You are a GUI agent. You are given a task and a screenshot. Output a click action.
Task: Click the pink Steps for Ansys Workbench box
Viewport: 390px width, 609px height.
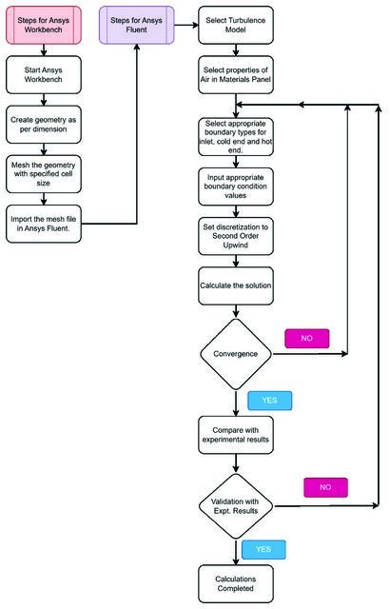coord(44,26)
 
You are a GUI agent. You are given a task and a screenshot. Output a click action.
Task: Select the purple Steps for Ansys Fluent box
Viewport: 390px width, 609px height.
coord(137,26)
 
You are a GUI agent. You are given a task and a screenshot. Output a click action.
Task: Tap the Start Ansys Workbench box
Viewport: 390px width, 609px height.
coord(44,75)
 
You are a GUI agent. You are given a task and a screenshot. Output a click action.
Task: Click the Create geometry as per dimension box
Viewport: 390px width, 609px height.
coord(44,125)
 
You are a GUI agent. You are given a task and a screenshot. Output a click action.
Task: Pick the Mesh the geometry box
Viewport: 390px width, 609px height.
coord(44,174)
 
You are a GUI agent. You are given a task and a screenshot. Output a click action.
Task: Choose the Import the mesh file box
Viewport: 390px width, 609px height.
coord(44,225)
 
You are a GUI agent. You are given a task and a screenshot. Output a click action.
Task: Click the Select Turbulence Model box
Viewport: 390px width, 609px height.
coord(236,26)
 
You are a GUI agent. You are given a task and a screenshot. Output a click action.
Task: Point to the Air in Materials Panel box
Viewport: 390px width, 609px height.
coord(236,75)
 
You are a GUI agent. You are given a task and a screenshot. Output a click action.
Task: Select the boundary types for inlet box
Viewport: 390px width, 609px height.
coord(236,137)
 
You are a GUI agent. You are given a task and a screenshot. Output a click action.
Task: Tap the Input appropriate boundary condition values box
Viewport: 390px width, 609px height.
coord(236,187)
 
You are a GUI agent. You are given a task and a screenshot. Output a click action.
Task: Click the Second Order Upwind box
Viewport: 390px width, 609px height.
coord(236,237)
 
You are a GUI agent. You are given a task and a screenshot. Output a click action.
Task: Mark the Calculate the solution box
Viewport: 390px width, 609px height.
coord(236,286)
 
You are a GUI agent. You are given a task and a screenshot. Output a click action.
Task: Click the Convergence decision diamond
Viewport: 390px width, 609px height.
coord(236,354)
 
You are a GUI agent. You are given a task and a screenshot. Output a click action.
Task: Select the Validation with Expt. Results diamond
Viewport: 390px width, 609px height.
coord(236,506)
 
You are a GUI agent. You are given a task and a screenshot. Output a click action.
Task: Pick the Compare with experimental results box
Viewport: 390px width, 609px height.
coord(236,436)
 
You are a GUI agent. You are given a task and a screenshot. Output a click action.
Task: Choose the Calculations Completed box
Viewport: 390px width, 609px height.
coord(236,584)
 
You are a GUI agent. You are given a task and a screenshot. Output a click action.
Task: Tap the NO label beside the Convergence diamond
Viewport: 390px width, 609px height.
coord(307,339)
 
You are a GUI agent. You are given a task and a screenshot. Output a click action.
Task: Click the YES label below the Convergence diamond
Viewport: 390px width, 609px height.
coord(270,401)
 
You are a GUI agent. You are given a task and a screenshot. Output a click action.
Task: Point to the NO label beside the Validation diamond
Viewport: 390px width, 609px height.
coord(325,488)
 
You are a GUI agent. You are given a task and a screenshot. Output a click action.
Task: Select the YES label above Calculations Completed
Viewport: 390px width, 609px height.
coord(263,550)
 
